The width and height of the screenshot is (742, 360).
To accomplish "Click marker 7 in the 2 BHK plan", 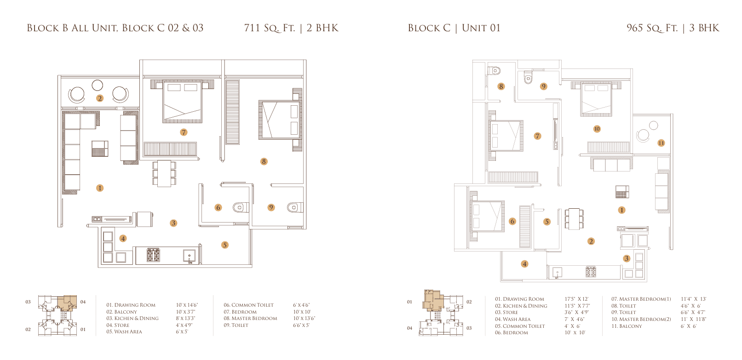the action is (184, 132).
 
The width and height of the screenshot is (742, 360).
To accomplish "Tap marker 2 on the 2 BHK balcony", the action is (100, 98).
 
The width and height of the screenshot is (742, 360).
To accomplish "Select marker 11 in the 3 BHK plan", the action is (661, 143).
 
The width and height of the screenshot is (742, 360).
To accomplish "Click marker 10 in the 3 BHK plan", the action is (597, 129).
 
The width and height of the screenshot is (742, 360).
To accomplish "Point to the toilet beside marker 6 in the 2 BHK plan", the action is (240, 208).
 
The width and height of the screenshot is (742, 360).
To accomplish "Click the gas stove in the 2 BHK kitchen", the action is (153, 255).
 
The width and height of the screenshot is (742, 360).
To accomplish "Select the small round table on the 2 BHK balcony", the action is (98, 85).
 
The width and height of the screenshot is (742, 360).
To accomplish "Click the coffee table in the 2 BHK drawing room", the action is (100, 149).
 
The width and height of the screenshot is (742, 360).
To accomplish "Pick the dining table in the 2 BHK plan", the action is (164, 173).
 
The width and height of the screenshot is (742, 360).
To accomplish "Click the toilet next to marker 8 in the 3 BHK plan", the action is (495, 70).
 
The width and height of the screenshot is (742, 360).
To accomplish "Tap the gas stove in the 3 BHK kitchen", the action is (591, 272).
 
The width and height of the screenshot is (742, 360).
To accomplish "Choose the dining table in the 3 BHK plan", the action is (574, 218).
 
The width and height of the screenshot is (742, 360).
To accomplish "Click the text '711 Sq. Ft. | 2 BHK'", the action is (291, 28).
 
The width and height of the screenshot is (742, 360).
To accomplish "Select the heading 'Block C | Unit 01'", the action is (454, 28).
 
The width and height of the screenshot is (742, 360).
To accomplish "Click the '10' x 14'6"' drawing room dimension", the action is (187, 305).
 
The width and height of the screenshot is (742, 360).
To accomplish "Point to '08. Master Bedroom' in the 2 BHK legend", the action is (250, 319).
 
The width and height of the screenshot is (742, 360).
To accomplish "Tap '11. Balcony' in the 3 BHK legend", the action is (627, 326).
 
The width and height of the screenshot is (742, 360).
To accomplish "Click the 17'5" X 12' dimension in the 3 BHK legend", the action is (577, 299).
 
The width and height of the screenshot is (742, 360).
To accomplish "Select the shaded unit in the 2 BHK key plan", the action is (67, 302).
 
